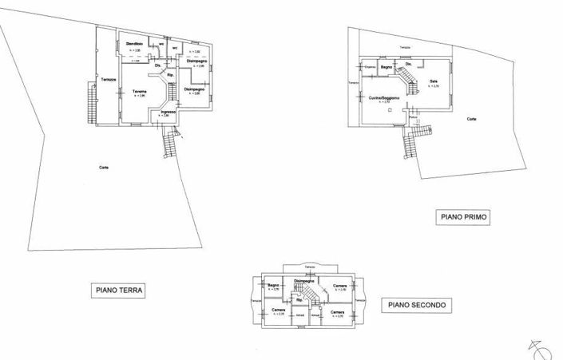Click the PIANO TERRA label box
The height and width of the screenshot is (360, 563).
tap(117, 291)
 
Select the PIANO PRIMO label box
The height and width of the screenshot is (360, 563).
tap(462, 216)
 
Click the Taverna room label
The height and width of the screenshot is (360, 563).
tap(140, 92)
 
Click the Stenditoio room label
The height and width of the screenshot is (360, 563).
tap(134, 43)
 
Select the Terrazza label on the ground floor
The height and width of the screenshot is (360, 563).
tap(109, 78)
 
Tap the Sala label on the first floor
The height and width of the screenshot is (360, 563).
tap(434, 81)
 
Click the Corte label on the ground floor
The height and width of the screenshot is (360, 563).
tap(104, 167)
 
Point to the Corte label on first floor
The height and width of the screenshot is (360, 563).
tap(472, 119)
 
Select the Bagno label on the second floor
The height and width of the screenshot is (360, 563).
tap(272, 285)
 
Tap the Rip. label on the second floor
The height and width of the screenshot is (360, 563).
tap(299, 299)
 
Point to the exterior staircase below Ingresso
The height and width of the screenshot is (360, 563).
tap(169, 144)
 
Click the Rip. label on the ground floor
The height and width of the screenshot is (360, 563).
tap(170, 77)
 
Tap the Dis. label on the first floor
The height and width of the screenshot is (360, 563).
tap(408, 64)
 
